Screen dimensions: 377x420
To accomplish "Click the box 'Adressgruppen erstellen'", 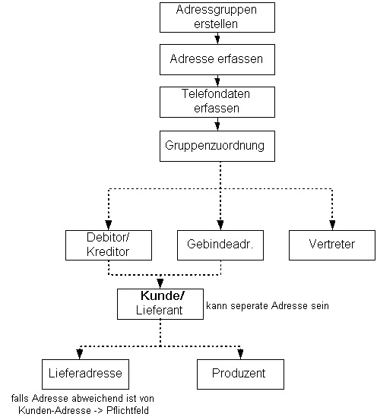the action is click(x=217, y=17).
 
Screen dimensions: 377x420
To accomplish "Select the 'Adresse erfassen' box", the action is click(x=217, y=59).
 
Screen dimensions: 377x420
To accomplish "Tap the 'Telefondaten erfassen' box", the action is click(x=217, y=102).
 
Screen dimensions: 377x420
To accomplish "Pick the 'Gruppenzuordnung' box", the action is click(x=217, y=146).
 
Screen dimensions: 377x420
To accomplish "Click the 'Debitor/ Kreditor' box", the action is click(x=109, y=245).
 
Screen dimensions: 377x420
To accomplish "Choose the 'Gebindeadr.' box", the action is click(x=220, y=245).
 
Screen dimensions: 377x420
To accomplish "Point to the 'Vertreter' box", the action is click(x=332, y=245).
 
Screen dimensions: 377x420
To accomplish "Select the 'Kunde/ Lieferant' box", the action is click(x=160, y=304).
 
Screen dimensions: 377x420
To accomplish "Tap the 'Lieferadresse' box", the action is click(x=86, y=374).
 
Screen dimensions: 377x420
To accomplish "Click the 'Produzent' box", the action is click(x=240, y=374).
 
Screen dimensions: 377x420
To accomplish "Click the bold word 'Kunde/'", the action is click(x=163, y=295).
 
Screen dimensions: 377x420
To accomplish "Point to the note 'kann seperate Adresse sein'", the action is click(x=268, y=305).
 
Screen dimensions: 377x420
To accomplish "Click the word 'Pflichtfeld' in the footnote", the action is click(x=128, y=410).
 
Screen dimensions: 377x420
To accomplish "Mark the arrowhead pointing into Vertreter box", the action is click(x=332, y=225).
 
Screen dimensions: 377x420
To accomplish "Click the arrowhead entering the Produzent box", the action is click(x=240, y=354).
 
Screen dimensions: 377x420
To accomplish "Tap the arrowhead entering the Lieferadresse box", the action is click(x=80, y=354).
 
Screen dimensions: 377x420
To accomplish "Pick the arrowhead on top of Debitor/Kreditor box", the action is click(x=109, y=225).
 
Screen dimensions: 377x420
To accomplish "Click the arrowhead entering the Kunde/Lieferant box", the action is click(x=160, y=283).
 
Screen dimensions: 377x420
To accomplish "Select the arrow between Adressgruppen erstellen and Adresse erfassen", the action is click(x=217, y=38).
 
